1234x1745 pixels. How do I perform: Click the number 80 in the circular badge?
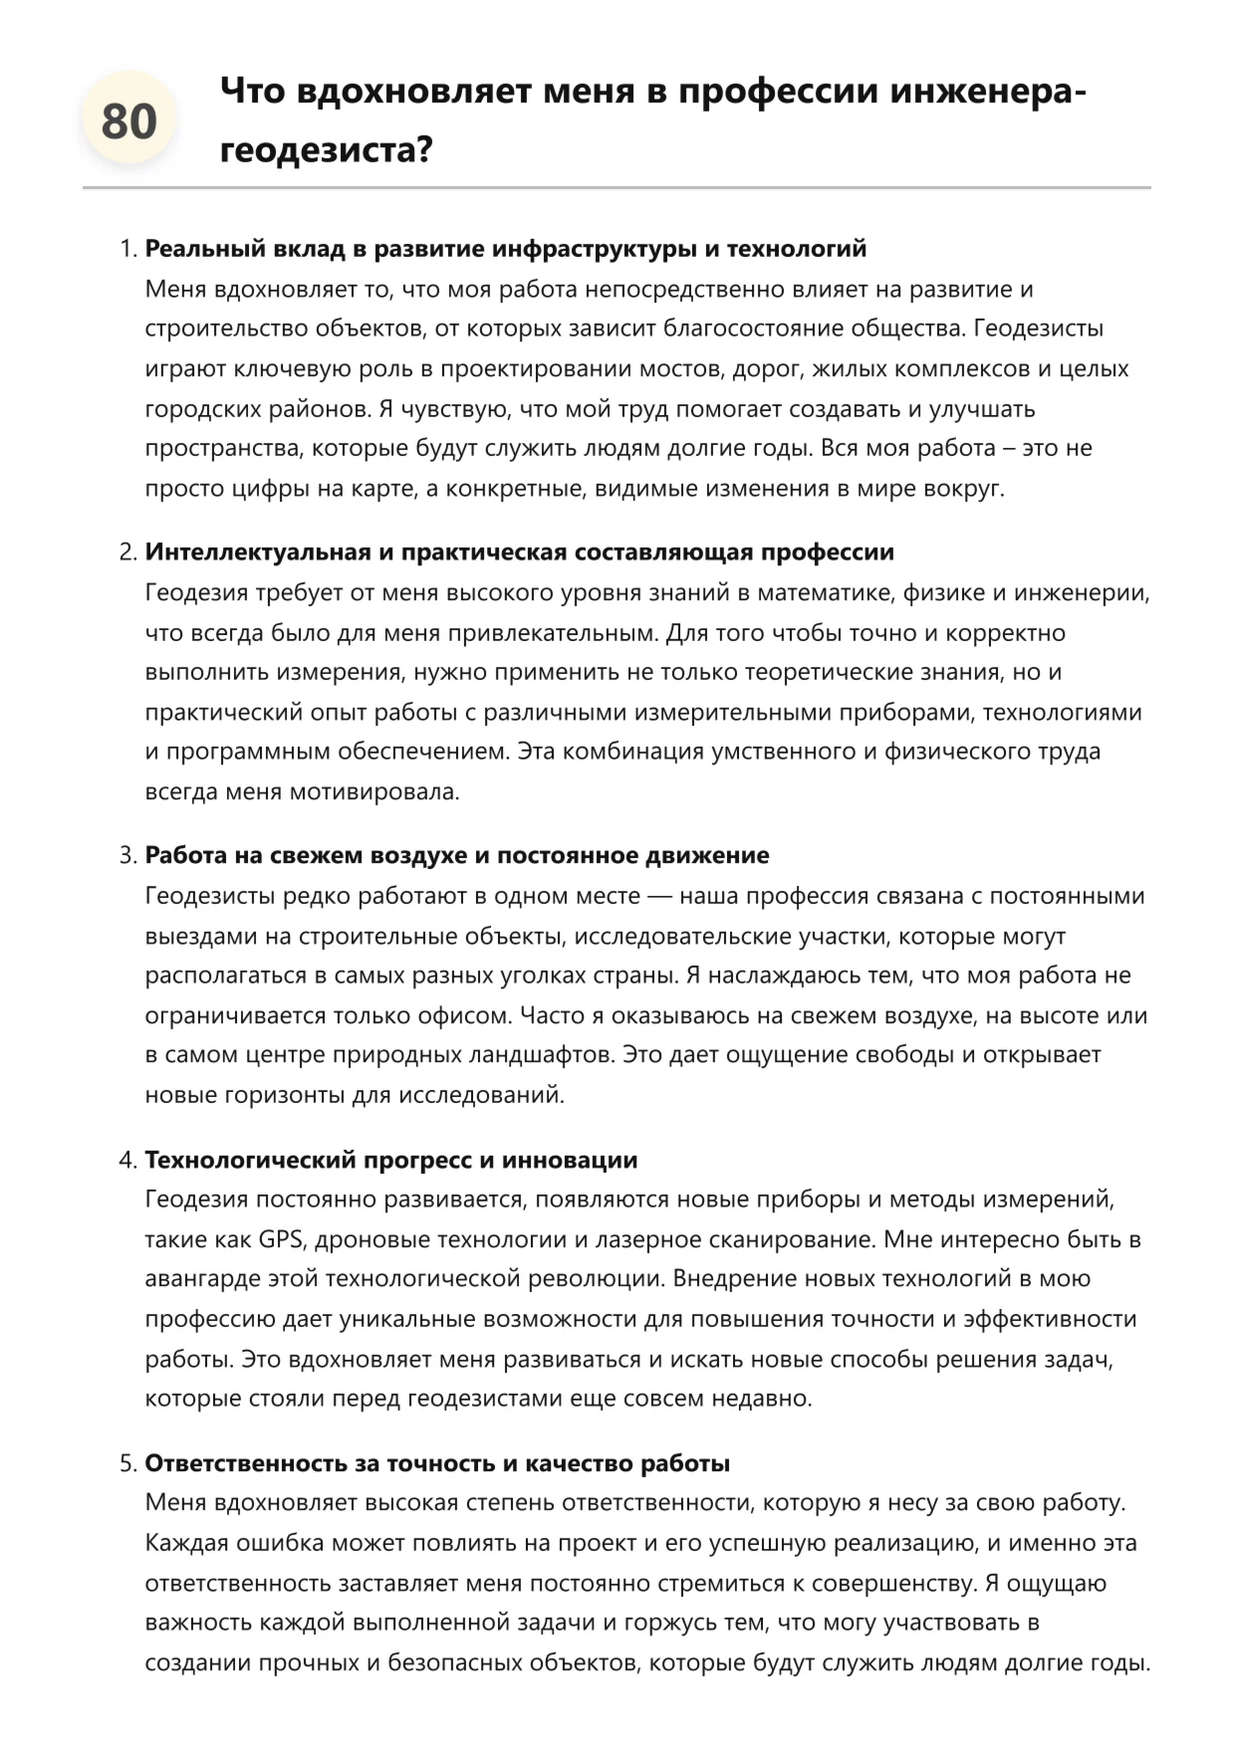coord(128,121)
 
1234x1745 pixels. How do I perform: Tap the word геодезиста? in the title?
coord(326,150)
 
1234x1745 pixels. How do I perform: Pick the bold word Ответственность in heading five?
coord(246,1464)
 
